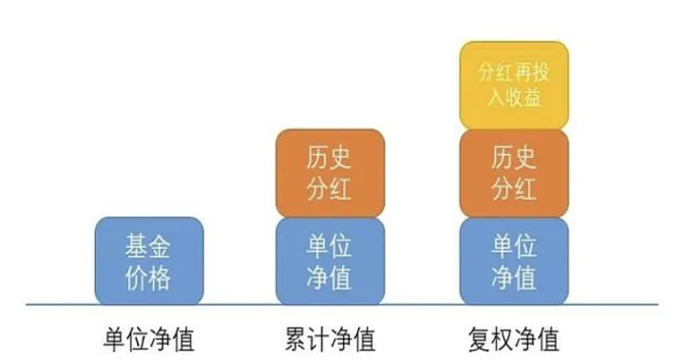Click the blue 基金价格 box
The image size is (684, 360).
pos(149,261)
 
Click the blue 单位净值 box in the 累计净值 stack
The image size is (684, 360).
pos(330,261)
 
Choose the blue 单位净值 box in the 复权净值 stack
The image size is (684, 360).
pos(513,261)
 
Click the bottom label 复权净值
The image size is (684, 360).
pos(514,339)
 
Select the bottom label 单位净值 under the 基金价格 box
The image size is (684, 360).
pos(148,339)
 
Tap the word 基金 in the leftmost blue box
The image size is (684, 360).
pos(149,246)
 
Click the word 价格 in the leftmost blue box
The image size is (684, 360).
pos(149,276)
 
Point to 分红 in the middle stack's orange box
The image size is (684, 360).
pos(330,188)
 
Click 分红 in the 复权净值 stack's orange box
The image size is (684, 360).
pos(513,188)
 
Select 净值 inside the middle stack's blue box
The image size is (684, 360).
pos(330,276)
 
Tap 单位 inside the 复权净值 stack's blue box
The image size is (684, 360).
pos(513,246)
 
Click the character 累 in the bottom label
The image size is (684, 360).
pos(295,339)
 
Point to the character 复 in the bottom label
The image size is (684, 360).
pos(481,339)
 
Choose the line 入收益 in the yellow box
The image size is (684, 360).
pos(513,97)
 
